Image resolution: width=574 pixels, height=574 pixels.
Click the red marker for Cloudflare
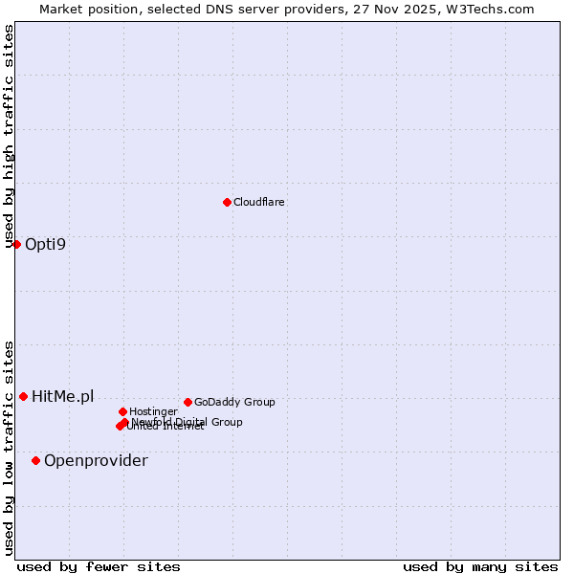[227, 202]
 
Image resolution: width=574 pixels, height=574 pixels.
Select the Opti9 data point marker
[16, 244]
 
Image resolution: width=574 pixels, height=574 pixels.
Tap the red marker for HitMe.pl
[23, 396]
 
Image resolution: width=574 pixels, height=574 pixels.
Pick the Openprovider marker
[35, 460]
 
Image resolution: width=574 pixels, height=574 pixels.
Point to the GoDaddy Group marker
[188, 402]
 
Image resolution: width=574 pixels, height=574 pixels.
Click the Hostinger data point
[122, 411]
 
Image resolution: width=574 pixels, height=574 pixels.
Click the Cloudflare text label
[259, 202]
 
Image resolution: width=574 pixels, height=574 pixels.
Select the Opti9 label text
[45, 244]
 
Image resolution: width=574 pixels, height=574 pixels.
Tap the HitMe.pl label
[63, 396]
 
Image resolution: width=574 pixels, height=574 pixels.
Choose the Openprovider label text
[96, 460]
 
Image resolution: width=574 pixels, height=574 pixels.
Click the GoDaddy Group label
[234, 402]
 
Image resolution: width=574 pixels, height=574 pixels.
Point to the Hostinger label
[153, 411]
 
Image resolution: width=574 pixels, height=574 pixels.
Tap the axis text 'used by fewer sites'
[99, 566]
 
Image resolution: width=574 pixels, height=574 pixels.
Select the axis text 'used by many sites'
[480, 566]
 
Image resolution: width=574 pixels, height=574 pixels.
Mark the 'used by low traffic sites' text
[10, 447]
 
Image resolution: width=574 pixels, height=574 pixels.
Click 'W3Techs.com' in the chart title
[494, 9]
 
